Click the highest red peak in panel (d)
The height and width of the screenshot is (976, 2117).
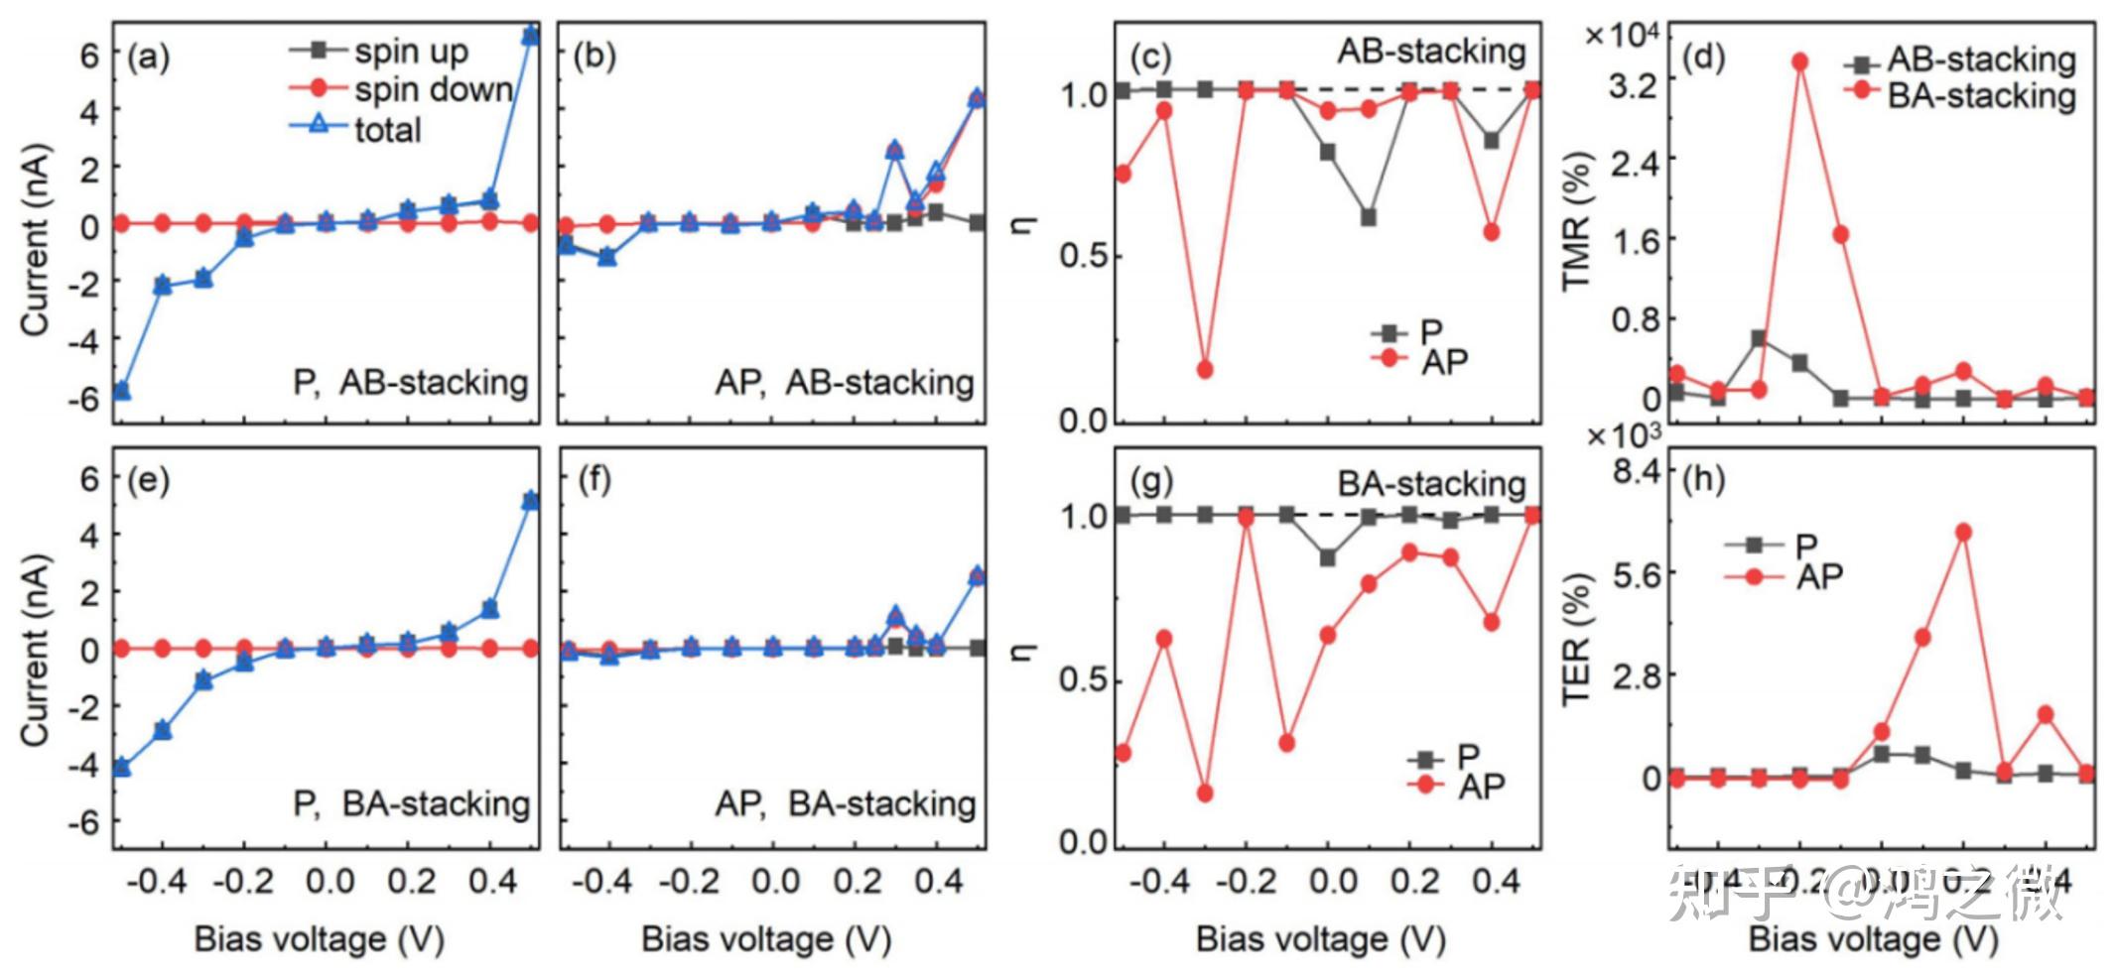1799,61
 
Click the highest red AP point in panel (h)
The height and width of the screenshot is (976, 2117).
1962,533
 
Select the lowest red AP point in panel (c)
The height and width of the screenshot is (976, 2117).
1205,369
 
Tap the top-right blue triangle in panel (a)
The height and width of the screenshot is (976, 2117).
530,36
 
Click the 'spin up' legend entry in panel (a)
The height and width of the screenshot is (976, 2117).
410,51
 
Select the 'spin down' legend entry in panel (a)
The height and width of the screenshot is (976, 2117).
433,89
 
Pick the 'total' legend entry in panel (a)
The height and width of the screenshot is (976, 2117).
388,129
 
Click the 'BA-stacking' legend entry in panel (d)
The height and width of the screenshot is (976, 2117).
1981,95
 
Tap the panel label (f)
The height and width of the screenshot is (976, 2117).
595,481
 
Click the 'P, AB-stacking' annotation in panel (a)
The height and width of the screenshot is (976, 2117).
410,382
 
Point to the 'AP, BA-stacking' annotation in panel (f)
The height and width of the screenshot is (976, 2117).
845,803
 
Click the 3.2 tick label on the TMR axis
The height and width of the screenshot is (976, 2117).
1633,85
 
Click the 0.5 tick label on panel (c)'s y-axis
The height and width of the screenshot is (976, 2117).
1084,256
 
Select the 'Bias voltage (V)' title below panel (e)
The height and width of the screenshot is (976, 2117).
319,938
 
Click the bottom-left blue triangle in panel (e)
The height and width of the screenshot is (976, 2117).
121,767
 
